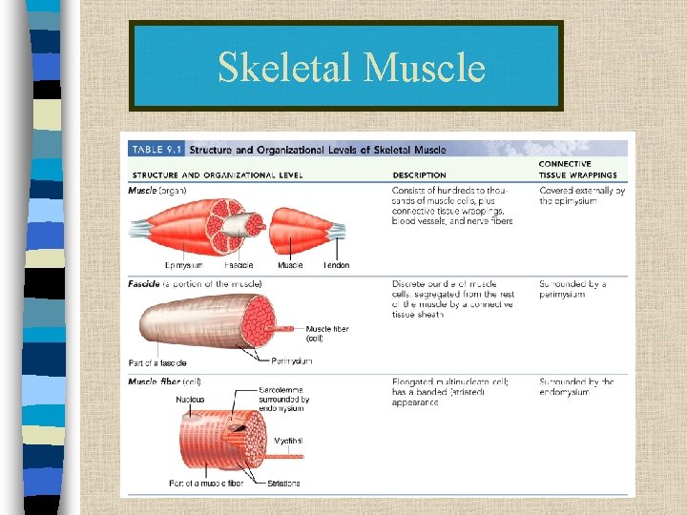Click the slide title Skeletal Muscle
pyautogui.click(x=350, y=68)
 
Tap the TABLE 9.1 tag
pyautogui.click(x=156, y=149)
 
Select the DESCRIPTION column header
pyautogui.click(x=419, y=175)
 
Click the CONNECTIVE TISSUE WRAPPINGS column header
pyautogui.click(x=577, y=170)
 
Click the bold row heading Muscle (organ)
pyautogui.click(x=158, y=191)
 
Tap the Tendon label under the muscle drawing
pyautogui.click(x=336, y=265)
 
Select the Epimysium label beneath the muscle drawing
pyautogui.click(x=183, y=265)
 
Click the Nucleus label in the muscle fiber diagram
pyautogui.click(x=189, y=400)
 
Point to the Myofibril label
pyautogui.click(x=288, y=442)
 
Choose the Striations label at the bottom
pyautogui.click(x=284, y=484)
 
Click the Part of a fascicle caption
pyautogui.click(x=156, y=362)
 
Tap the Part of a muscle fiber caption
pyautogui.click(x=206, y=484)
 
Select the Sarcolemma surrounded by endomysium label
pyautogui.click(x=284, y=399)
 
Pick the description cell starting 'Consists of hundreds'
pyautogui.click(x=452, y=206)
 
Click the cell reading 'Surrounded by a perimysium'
pyautogui.click(x=572, y=289)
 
